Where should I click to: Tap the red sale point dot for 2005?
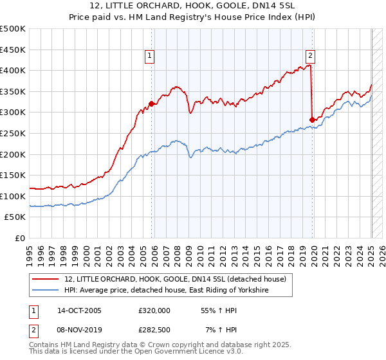tap(152, 104)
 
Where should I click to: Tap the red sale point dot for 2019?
tap(312, 120)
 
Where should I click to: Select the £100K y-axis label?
tap(14, 196)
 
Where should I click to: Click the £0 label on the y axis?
tap(19, 238)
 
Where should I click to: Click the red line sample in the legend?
tap(46, 279)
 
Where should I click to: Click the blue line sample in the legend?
tap(46, 291)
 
